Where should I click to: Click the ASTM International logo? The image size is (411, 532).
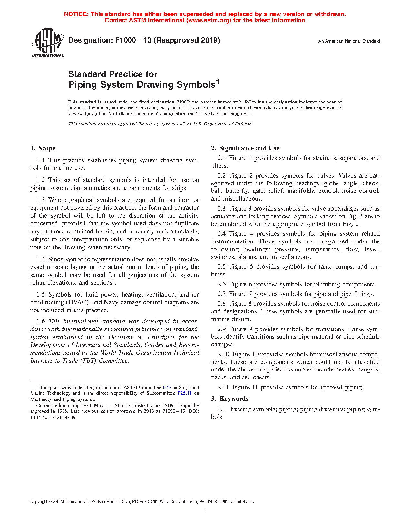[48, 43]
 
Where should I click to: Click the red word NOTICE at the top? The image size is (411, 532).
[76, 14]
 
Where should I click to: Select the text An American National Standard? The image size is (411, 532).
[349, 41]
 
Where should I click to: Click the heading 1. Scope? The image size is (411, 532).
[43, 148]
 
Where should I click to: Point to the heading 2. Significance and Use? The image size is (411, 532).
[245, 148]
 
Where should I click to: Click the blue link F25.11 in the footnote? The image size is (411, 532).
[184, 393]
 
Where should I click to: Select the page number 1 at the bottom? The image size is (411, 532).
[205, 511]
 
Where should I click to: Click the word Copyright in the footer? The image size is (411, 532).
[39, 502]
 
